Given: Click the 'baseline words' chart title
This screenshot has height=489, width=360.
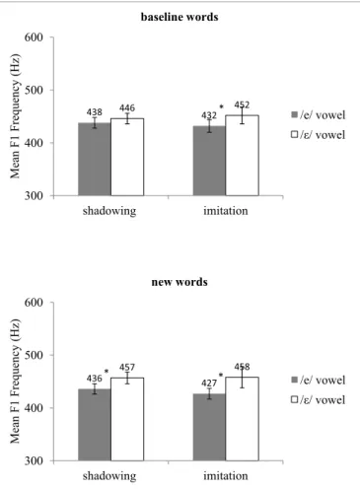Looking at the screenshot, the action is click(x=180, y=17).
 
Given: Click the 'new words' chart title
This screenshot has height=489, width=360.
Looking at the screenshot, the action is click(x=180, y=282).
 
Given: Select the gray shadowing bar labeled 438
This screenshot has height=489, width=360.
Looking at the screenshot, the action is click(x=95, y=160).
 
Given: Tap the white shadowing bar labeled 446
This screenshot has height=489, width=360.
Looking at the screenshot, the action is click(x=127, y=157).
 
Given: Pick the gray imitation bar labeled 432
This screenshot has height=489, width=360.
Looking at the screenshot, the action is click(x=209, y=161).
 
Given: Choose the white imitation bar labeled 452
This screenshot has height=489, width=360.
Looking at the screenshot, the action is click(x=242, y=156).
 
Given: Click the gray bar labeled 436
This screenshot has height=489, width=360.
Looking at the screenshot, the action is click(x=95, y=425).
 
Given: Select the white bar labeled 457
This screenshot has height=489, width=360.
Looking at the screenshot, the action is click(x=127, y=419).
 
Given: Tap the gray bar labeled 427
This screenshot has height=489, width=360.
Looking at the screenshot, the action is click(x=209, y=427).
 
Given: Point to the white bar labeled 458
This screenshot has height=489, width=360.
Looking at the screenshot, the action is click(x=242, y=419).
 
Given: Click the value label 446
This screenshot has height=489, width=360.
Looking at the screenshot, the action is click(x=127, y=107).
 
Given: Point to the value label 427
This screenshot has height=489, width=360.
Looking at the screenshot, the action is click(x=209, y=384).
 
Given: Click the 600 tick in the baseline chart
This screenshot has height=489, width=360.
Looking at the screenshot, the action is click(x=34, y=37).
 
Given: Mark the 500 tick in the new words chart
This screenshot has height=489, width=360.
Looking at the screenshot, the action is click(x=34, y=355).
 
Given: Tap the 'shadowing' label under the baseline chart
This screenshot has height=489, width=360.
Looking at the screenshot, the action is click(x=109, y=211).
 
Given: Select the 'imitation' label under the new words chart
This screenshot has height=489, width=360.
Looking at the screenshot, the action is click(x=226, y=476).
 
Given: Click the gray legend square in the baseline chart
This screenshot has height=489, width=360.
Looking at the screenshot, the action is click(x=295, y=114).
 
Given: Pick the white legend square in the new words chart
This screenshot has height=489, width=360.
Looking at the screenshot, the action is click(x=295, y=399).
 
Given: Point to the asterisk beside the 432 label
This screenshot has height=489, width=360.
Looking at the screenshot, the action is click(x=221, y=106).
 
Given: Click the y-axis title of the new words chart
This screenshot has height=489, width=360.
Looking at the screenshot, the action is click(x=15, y=382).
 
